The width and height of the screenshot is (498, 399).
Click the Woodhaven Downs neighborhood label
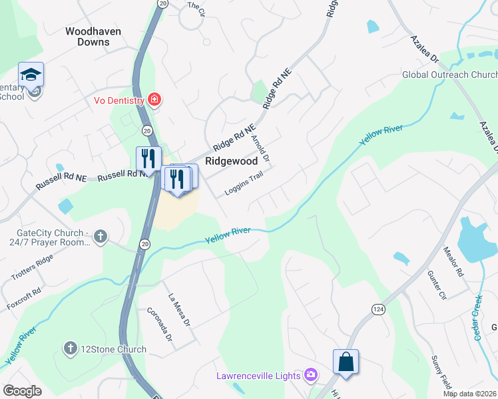[87, 36]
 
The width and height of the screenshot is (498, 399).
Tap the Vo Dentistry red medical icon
[155, 100]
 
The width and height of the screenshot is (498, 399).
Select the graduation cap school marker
[31, 75]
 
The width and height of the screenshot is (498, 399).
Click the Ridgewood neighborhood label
[231, 161]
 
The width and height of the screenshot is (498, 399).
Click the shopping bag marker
[346, 363]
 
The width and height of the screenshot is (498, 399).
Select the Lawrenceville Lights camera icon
[311, 376]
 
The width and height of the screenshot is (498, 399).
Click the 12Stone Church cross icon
[70, 348]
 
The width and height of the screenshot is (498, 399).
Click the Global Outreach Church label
[449, 74]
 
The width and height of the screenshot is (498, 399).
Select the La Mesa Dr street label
[179, 310]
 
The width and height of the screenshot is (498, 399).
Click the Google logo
[23, 391]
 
